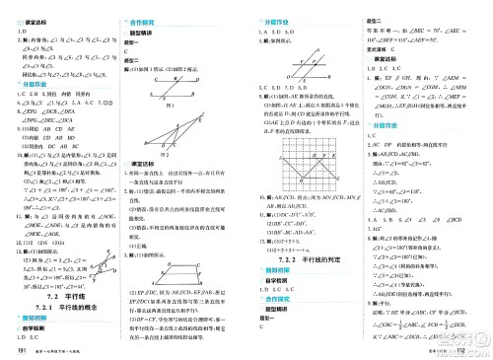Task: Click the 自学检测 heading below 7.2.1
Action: click(x=33, y=328)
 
